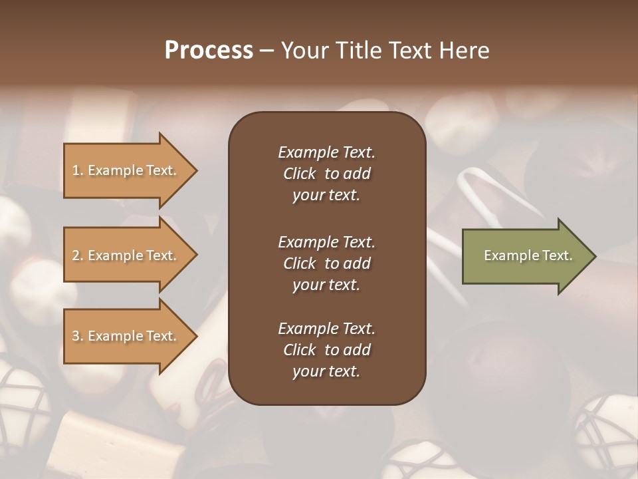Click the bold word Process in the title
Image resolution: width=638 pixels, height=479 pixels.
tap(209, 51)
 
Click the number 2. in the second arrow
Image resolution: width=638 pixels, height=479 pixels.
tap(78, 255)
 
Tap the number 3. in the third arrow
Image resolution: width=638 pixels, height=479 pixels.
tap(78, 336)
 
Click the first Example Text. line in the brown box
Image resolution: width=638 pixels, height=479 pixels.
tap(326, 152)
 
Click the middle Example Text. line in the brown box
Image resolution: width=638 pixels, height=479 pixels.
tap(326, 241)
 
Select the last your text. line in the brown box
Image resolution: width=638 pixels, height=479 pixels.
tap(326, 372)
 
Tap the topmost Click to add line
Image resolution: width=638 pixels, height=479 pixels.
tap(326, 174)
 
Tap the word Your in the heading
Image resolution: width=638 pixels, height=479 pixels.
tap(303, 51)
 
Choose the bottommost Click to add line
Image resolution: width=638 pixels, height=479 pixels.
tap(326, 350)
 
